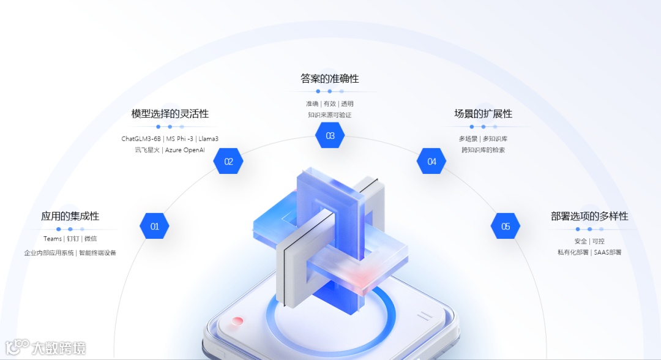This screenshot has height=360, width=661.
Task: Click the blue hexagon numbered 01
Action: click(154, 226)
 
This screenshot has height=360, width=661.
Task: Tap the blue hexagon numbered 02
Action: click(228, 162)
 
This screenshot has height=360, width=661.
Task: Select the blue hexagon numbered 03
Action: click(330, 135)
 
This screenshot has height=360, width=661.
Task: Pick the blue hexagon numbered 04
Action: click(431, 162)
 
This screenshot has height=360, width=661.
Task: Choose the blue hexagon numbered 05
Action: click(506, 226)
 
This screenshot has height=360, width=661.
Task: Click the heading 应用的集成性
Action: click(70, 216)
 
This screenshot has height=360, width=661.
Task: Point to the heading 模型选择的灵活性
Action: click(170, 114)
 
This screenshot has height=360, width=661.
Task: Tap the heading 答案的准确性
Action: click(329, 79)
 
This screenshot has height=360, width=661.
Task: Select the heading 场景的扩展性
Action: click(483, 114)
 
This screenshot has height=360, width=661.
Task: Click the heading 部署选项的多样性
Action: click(589, 216)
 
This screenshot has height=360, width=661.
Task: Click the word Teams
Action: click(53, 239)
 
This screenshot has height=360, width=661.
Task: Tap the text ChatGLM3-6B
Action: click(141, 139)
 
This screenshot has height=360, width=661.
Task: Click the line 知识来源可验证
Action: click(329, 114)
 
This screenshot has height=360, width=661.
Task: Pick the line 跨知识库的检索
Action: click(483, 150)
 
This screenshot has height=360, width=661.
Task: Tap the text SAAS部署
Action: click(608, 252)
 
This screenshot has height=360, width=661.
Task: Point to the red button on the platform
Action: click(237, 321)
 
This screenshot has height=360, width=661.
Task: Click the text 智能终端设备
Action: click(97, 253)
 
